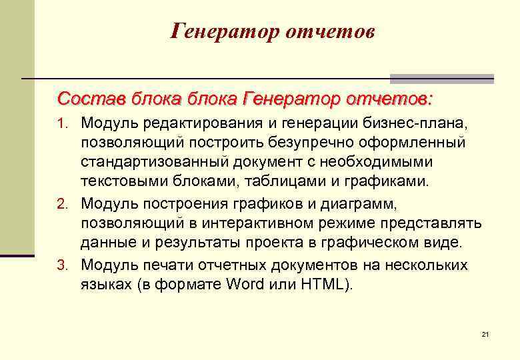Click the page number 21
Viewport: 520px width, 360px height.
click(485, 333)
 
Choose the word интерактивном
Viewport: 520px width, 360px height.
click(243, 222)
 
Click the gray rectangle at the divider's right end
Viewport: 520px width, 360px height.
click(441, 78)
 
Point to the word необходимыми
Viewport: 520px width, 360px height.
click(376, 162)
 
